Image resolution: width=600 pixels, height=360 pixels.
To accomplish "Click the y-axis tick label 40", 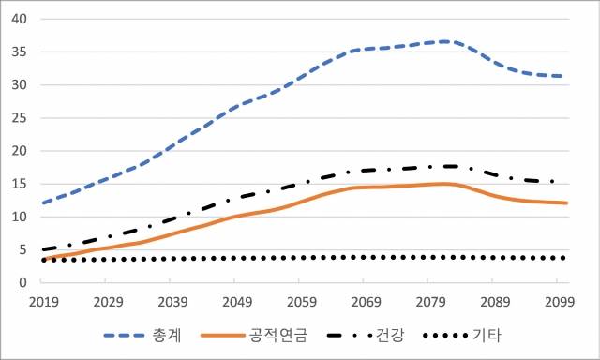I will pyautogui.click(x=20, y=19).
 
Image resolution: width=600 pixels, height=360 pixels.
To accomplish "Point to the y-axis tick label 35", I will pyautogui.click(x=20, y=52).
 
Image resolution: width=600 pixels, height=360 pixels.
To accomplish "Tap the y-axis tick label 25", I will pyautogui.click(x=20, y=118).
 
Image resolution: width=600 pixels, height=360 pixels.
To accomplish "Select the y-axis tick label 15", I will pyautogui.click(x=20, y=184).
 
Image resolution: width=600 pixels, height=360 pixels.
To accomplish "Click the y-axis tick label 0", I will pyautogui.click(x=23, y=283).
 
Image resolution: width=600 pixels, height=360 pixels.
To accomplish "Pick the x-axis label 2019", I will pyautogui.click(x=44, y=302).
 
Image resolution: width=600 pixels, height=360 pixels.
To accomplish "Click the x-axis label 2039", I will pyautogui.click(x=172, y=302).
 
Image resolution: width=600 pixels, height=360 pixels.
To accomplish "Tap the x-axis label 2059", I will pyautogui.click(x=299, y=302).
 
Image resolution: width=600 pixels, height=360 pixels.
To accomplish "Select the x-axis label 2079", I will pyautogui.click(x=427, y=302).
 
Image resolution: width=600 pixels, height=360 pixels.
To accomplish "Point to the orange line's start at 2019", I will pyautogui.click(x=45, y=259).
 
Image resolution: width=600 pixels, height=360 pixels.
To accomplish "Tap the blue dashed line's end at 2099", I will pyautogui.click(x=562, y=76).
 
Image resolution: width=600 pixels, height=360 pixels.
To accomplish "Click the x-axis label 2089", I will pyautogui.click(x=491, y=302).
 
